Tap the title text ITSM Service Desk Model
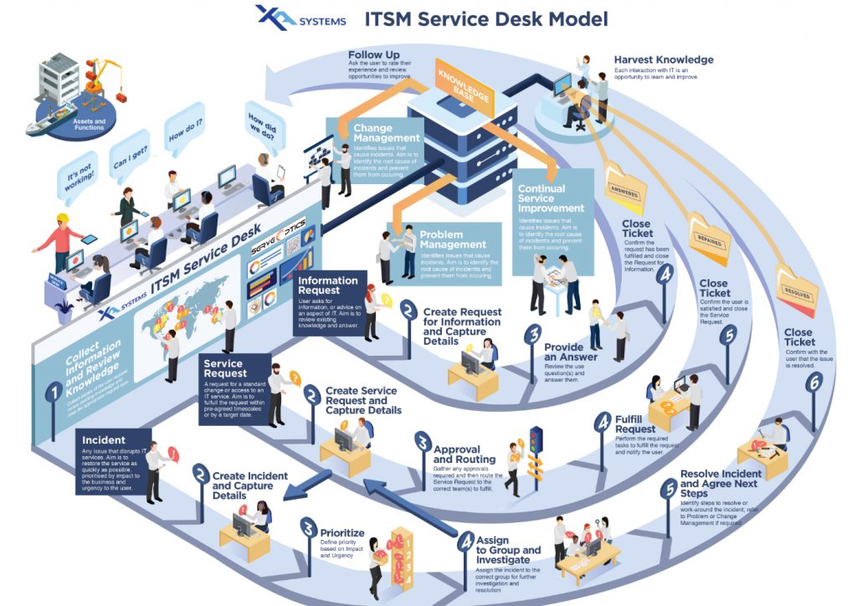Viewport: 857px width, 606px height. coord(485,18)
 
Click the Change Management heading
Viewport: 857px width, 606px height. coord(385,133)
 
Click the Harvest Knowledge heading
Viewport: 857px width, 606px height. coord(663,60)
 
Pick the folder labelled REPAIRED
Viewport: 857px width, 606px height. coord(707,236)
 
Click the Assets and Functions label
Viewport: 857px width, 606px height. coord(89,122)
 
